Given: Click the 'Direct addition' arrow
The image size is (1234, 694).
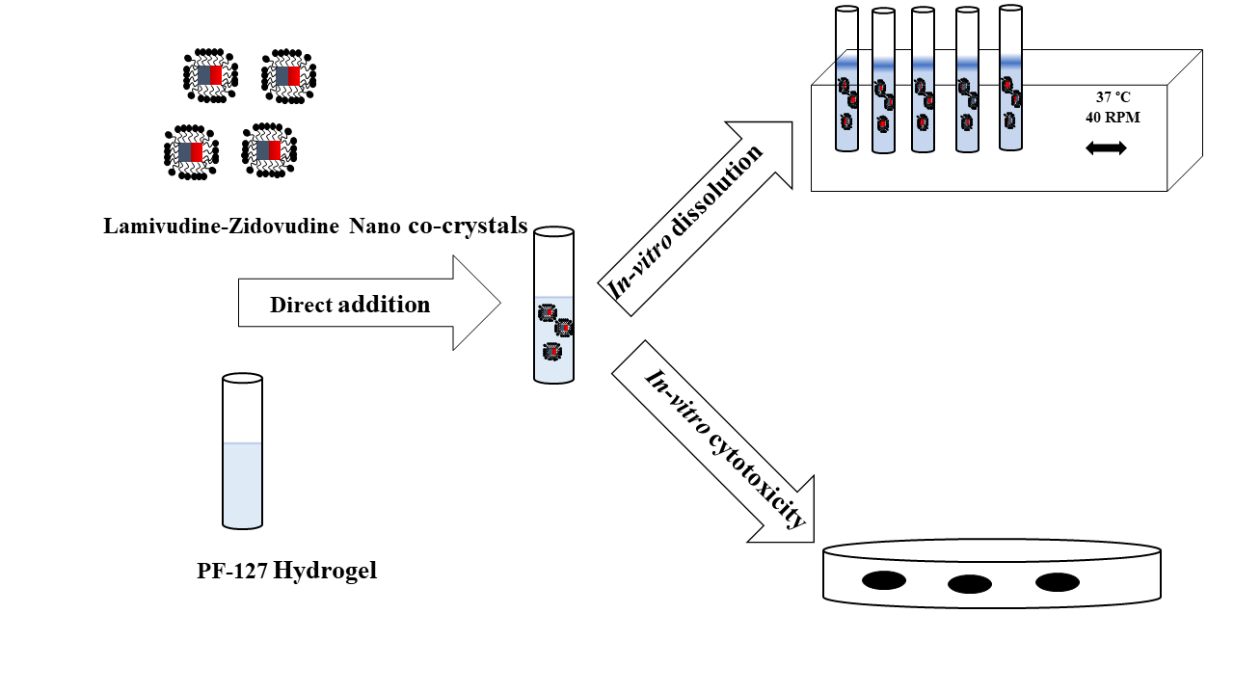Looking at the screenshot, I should click(x=366, y=304).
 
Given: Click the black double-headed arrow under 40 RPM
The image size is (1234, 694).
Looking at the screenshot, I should click(x=1106, y=148).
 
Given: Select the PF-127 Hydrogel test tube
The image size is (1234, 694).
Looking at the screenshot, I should click(x=242, y=453).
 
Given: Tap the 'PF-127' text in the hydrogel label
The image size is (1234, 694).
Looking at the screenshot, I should click(x=231, y=571).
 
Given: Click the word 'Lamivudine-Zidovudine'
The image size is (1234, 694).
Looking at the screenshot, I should click(x=223, y=227).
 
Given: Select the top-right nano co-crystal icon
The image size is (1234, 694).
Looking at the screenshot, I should click(x=288, y=75).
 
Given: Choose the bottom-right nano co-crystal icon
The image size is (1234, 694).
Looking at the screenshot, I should click(x=269, y=150).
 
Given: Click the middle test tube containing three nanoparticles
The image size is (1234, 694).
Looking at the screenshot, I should click(x=553, y=307).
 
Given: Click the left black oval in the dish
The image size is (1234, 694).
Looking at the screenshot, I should click(x=883, y=580).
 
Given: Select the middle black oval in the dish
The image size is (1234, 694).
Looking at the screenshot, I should click(x=970, y=584).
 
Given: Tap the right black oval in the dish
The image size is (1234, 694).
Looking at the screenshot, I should click(x=1057, y=582).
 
